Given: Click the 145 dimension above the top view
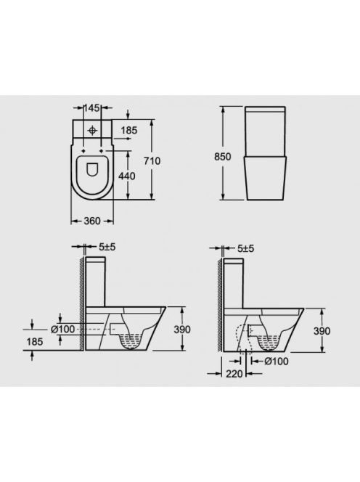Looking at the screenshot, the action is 92,108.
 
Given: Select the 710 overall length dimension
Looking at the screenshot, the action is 152,160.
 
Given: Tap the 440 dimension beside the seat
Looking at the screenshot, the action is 127,176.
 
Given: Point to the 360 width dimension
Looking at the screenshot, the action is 92,221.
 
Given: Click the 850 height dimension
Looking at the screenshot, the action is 222,157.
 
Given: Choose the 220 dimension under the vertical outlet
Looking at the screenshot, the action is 234,374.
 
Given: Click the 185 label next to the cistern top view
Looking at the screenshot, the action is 128,131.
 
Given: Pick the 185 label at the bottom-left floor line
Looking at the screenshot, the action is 34,341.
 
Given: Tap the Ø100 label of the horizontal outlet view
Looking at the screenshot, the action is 62,330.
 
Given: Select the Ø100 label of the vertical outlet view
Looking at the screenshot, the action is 277,361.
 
